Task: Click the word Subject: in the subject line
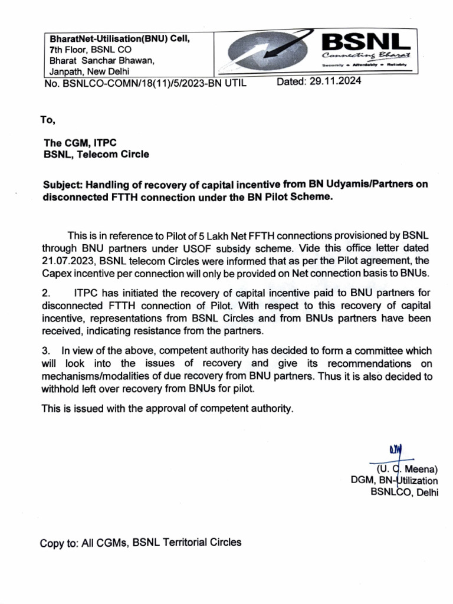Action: (63, 185)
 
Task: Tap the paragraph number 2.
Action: (46, 293)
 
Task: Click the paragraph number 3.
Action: (46, 351)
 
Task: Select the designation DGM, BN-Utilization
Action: (394, 481)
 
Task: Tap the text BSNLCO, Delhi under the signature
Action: (404, 493)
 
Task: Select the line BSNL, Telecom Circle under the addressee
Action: (96, 155)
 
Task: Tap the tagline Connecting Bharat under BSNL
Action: (366, 55)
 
